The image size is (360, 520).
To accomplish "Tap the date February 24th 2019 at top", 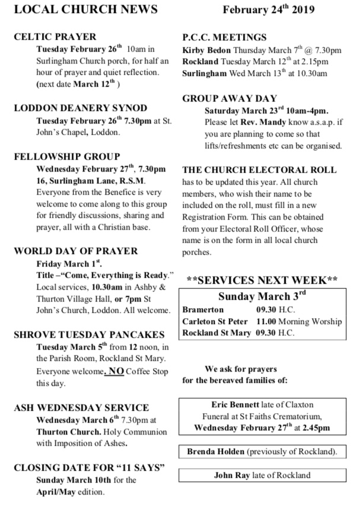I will click(x=268, y=9).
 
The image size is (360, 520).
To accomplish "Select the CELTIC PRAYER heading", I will click(x=55, y=37).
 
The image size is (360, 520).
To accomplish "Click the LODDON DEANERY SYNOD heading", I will click(x=80, y=108).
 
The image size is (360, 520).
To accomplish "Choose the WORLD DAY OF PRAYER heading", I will click(x=76, y=251).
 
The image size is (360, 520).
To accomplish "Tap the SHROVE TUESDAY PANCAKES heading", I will click(x=89, y=334).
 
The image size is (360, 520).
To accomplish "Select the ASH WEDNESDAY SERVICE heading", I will click(x=81, y=407).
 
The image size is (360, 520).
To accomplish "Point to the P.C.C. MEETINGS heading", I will click(x=224, y=37).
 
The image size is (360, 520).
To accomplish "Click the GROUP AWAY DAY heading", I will click(x=230, y=99).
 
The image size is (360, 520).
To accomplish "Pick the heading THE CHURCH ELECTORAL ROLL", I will click(x=259, y=169).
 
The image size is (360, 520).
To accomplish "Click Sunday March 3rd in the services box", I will click(x=262, y=296).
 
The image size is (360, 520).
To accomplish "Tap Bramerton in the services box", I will click(x=203, y=310).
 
